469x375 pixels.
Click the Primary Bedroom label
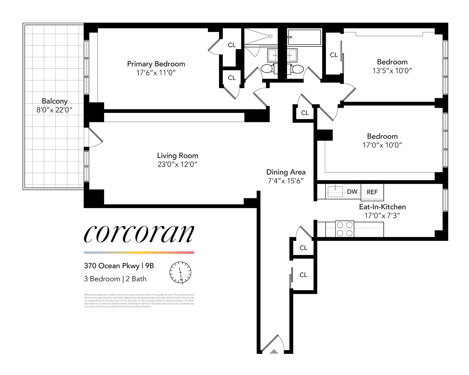(156, 64)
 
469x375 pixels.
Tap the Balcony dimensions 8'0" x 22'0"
(54, 110)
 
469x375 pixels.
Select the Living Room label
(177, 156)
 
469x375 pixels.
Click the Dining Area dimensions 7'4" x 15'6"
(286, 181)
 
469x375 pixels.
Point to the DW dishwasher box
(352, 192)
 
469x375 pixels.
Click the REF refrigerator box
(372, 192)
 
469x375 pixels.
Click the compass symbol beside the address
(180, 272)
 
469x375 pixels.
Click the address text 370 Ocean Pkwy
(111, 266)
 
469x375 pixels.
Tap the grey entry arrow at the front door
(274, 352)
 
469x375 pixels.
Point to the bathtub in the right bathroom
(304, 37)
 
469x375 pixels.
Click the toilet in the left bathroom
(267, 69)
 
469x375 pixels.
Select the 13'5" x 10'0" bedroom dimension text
(392, 71)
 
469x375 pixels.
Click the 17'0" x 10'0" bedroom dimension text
(382, 145)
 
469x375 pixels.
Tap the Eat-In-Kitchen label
(382, 207)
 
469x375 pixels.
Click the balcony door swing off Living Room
(95, 138)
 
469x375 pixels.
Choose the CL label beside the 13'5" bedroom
(334, 55)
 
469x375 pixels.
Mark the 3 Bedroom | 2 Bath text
(115, 279)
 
